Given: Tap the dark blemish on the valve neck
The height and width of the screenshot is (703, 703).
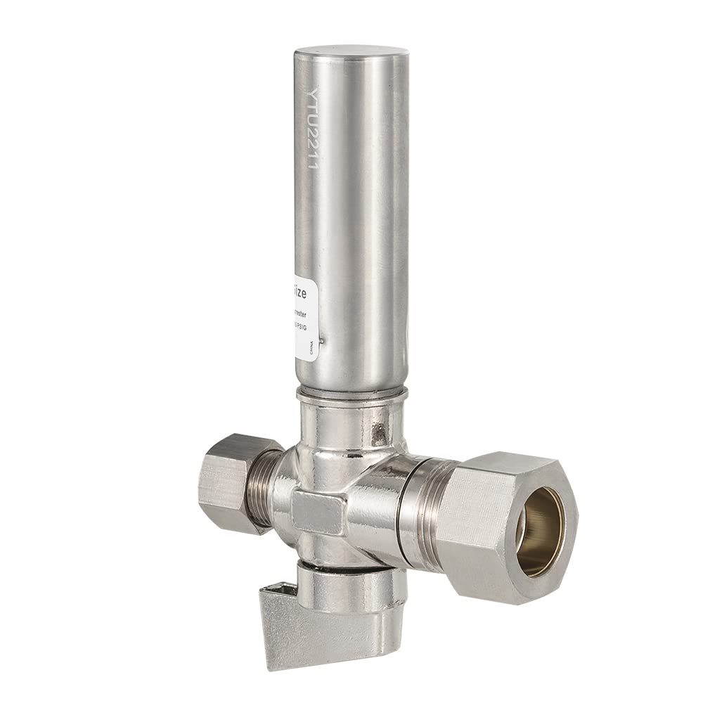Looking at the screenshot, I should pyautogui.click(x=380, y=426).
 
